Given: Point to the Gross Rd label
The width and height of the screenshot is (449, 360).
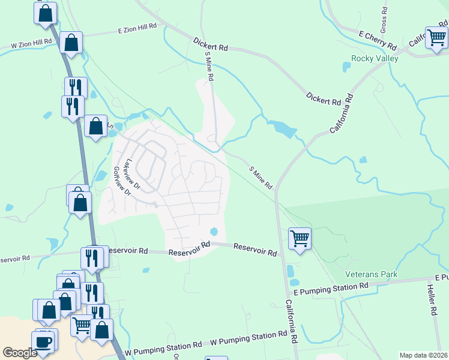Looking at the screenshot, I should pos(384,21).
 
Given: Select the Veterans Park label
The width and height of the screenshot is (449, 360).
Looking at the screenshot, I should pos(372,274).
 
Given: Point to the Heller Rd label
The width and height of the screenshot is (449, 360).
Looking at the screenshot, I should pos(431,300).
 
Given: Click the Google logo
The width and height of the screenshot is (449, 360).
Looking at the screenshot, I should pos(20,353).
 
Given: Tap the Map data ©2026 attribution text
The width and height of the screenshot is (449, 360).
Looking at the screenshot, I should pos(424,355).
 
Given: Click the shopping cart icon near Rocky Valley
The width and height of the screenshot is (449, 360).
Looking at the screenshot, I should pos(436,37).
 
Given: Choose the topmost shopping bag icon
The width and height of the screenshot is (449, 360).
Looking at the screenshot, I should pos(46,13).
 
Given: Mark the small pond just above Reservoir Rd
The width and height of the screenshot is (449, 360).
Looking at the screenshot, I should pos(214,232).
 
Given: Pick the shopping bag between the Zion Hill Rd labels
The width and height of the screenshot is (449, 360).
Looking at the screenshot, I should pos(71,43).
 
